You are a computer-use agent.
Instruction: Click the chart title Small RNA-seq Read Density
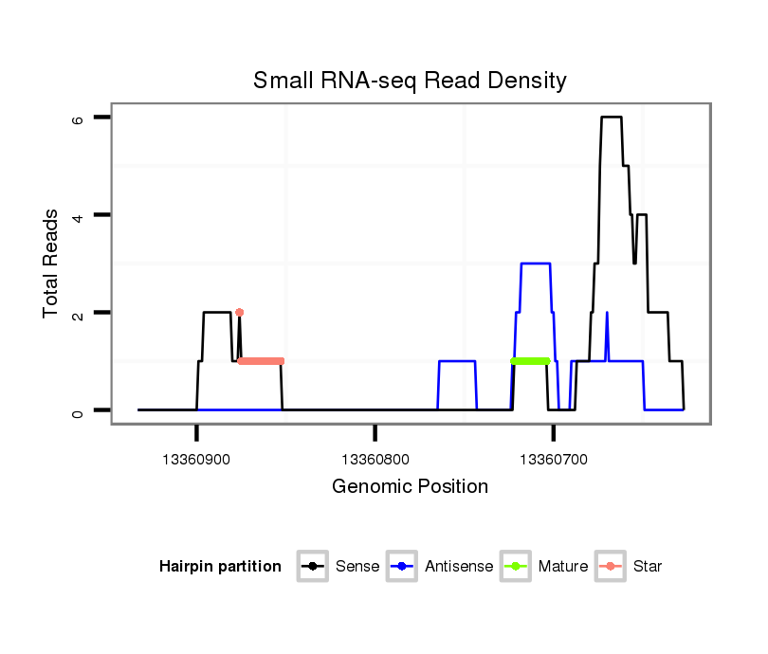[x=410, y=81]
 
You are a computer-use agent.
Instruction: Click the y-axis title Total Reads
[x=52, y=263]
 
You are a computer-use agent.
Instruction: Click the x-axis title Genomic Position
[x=410, y=487]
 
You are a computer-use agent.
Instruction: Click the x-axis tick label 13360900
[x=196, y=460]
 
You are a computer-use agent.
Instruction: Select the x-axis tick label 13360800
[x=375, y=460]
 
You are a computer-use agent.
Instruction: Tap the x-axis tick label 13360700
[x=555, y=460]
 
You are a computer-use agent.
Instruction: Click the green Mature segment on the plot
[x=530, y=361]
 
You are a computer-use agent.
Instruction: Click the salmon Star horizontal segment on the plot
[x=261, y=361]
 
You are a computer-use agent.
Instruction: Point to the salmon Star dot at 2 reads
[x=240, y=312]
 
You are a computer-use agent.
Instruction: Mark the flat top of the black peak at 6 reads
[x=612, y=118]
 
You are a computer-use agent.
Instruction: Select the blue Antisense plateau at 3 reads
[x=536, y=263]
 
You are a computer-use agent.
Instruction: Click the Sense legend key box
[x=312, y=567]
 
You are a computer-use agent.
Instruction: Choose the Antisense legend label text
[x=459, y=567]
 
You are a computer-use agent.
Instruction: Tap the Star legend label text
[x=648, y=567]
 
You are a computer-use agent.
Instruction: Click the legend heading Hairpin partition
[x=220, y=567]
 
